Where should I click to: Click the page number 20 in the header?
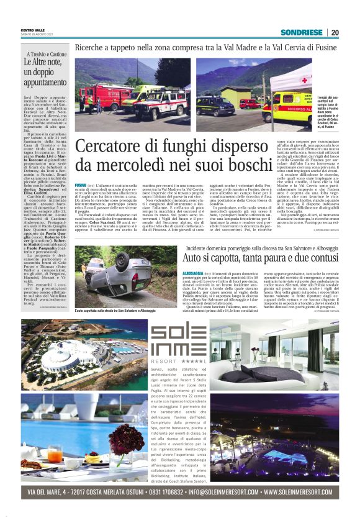[x=335, y=32]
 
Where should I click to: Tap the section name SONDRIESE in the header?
[x=301, y=32]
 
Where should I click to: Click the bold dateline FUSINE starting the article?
[x=80, y=186]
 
